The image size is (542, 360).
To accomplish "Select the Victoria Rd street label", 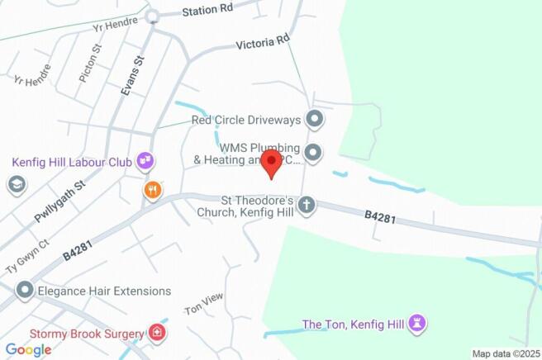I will click(x=263, y=40).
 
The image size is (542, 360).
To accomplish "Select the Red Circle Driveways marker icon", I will click(x=314, y=120).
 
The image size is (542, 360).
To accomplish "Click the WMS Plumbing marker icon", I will click(x=313, y=153).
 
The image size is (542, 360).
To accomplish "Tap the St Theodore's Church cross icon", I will click(x=307, y=205).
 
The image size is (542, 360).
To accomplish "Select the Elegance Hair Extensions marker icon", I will click(x=25, y=291).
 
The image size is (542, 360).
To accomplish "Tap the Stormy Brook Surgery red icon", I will click(x=156, y=334).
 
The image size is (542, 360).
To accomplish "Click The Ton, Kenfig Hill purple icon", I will click(x=418, y=324).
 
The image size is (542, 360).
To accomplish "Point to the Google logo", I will click(x=28, y=349).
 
